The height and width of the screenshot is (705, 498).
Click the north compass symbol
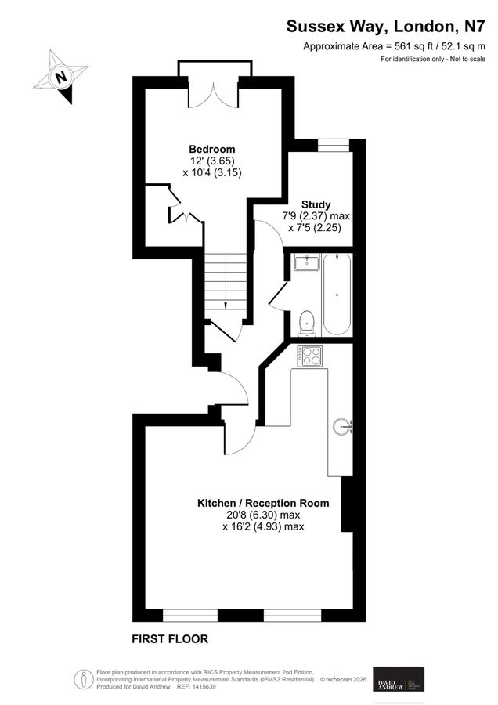tap(60, 78)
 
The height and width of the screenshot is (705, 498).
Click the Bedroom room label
tap(211, 149)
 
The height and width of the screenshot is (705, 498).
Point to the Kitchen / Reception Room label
tap(263, 503)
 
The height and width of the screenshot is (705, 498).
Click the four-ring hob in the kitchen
tap(310, 356)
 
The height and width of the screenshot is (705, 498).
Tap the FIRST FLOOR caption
tap(169, 638)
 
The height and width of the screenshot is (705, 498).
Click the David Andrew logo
tap(399, 678)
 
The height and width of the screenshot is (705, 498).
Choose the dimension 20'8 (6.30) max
tap(263, 515)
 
